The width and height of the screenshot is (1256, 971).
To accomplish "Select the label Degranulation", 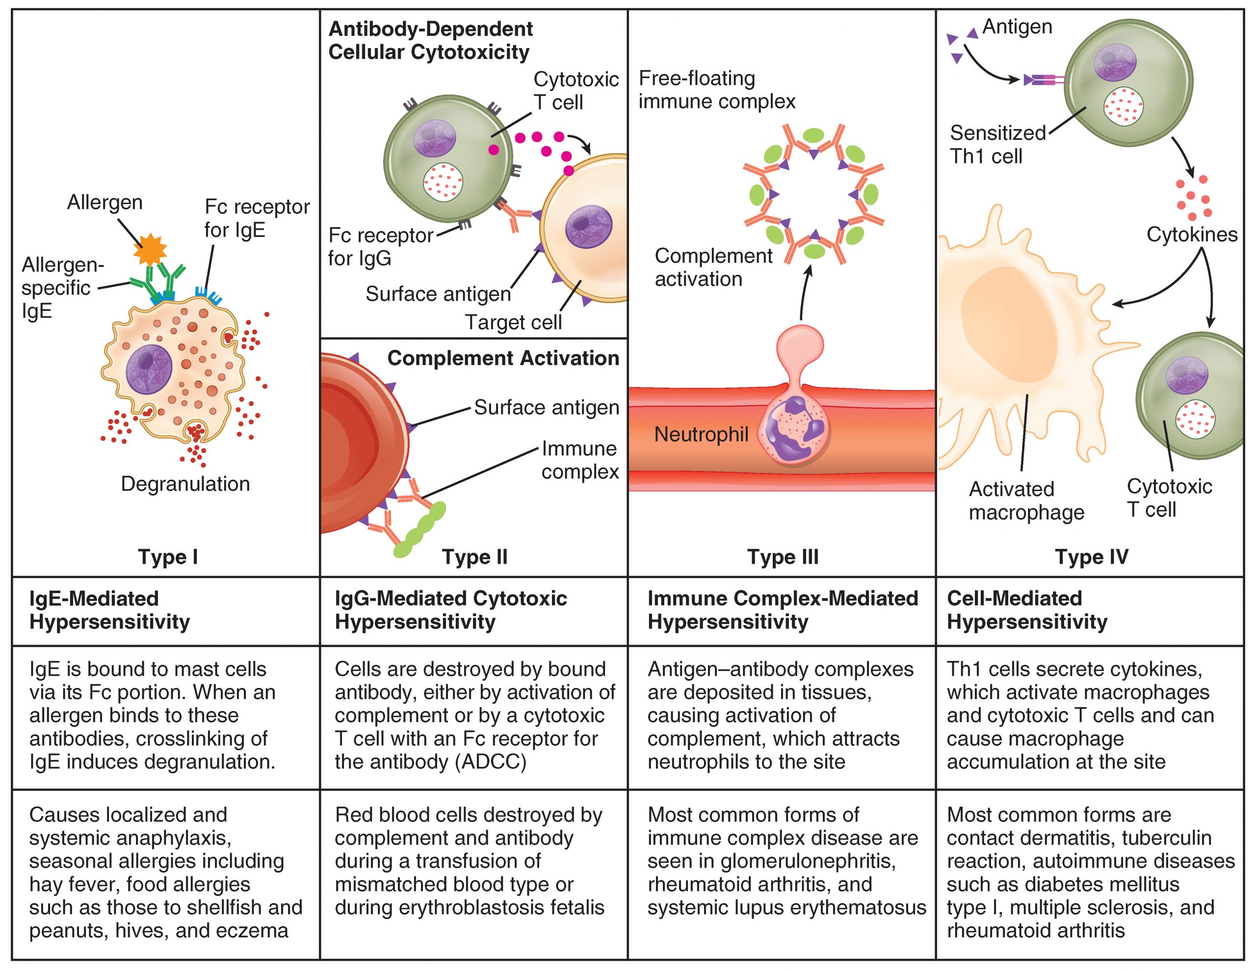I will (185, 484).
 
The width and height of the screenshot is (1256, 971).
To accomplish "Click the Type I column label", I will (168, 557).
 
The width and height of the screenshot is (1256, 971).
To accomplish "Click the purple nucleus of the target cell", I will (588, 228).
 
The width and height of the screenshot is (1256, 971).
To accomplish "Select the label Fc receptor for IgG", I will (380, 247).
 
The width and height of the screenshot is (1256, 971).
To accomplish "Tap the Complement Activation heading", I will (503, 358).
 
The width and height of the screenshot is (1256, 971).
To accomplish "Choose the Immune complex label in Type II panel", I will (580, 460).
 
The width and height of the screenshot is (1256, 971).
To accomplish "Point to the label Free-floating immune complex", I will (717, 90).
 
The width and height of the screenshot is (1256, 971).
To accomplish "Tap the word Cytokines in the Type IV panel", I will (1192, 235).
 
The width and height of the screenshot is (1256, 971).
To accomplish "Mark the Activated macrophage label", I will (1026, 500).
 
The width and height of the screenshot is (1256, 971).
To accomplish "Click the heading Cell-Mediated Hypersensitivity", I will (1026, 610).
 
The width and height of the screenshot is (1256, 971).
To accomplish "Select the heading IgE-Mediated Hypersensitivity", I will (109, 610).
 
